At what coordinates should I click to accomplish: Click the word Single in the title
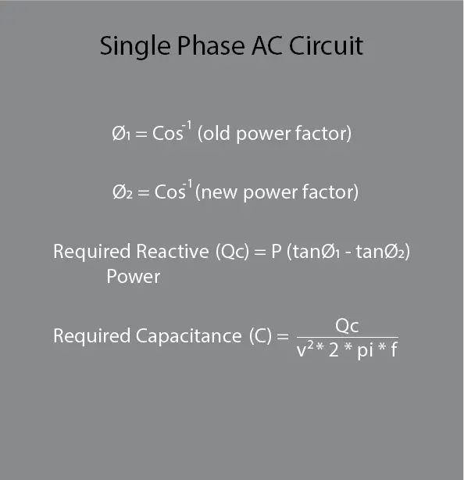135,47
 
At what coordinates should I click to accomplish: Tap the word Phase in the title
211,45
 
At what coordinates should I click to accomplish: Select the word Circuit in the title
326,45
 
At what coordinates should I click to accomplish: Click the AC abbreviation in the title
266,45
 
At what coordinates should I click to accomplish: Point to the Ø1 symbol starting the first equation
121,134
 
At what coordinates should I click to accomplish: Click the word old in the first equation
216,133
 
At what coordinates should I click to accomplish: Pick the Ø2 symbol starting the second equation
123,192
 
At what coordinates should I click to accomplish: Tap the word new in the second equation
219,193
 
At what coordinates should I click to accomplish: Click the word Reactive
172,251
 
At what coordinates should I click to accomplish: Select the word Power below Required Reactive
133,277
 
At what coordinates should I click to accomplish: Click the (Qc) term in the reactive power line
232,252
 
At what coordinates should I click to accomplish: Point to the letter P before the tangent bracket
277,251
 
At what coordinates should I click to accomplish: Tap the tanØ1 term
316,252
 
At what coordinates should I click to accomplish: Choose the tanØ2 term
380,252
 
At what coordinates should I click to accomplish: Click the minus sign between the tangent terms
348,253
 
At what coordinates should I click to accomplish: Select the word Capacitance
188,336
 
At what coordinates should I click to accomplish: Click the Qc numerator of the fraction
347,326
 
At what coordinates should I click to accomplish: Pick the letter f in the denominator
394,349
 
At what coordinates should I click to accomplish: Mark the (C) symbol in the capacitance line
260,336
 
